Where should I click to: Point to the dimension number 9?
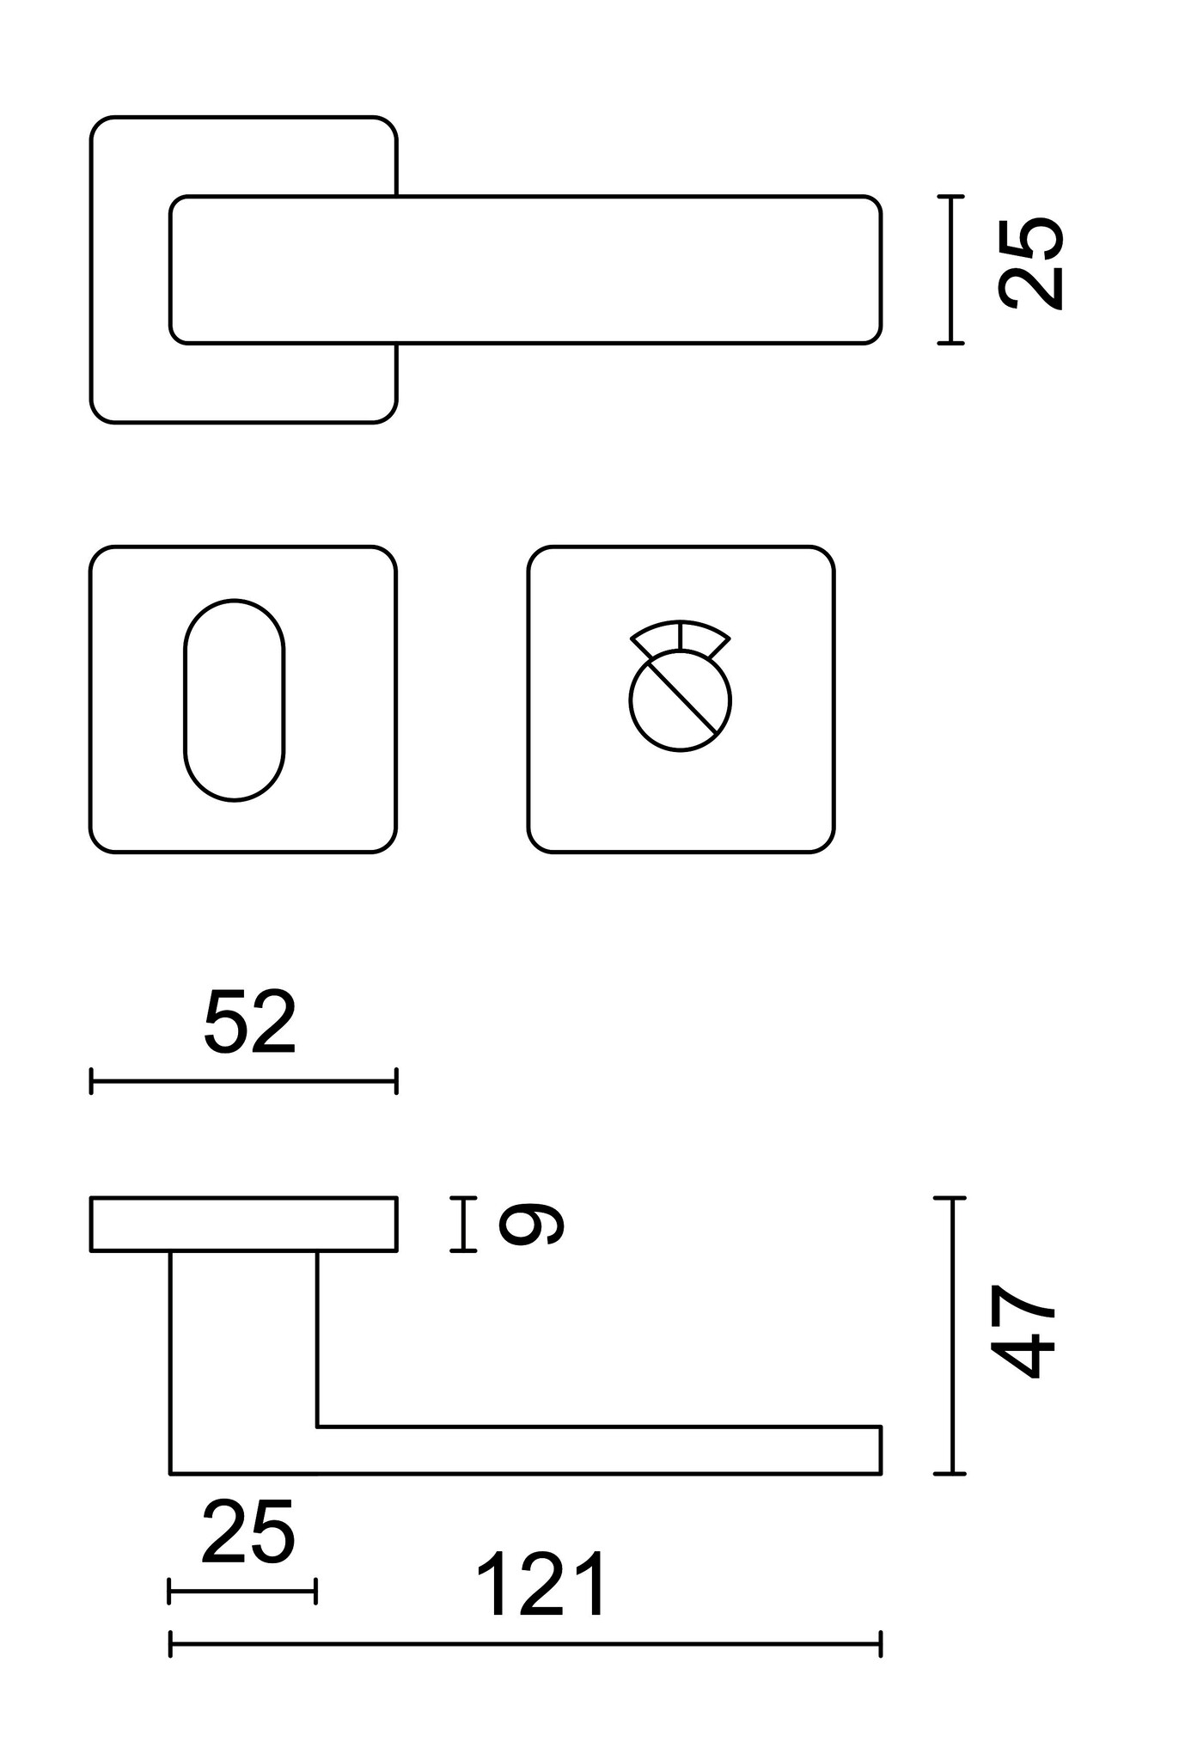[531, 1224]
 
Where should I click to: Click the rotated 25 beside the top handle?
[1030, 262]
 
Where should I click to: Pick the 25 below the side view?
[248, 1531]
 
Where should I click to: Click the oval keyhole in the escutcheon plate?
[234, 700]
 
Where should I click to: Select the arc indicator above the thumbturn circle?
[681, 633]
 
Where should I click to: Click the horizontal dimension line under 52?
[243, 1081]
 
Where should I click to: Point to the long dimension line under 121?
[525, 1644]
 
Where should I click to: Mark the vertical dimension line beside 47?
[950, 1335]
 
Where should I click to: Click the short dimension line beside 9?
[463, 1224]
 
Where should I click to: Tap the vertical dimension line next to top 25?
[950, 270]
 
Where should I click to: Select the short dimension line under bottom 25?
[242, 1591]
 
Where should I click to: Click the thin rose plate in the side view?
[243, 1224]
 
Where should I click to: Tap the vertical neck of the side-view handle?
[243, 1341]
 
